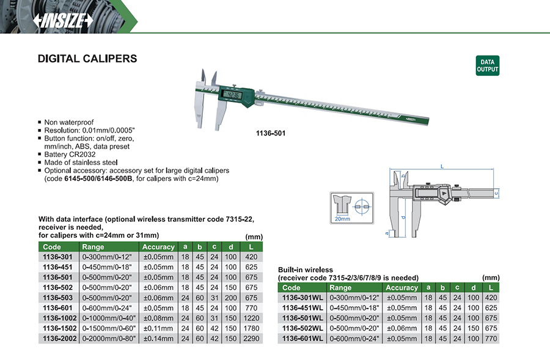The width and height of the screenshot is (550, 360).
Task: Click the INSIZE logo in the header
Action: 63,20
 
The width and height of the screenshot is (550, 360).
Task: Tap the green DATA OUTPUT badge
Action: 487,65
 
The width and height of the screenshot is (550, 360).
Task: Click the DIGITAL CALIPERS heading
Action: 87,58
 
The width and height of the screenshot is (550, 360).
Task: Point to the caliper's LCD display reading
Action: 232,95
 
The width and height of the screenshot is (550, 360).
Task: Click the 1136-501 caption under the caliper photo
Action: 271,133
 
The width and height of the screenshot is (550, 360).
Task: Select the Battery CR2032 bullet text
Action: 70,155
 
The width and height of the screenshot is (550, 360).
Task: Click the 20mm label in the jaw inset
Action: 342,219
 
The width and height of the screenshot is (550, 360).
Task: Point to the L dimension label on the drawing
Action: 442,166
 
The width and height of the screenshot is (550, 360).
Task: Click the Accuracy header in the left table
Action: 158,247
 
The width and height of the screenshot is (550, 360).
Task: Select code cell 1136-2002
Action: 59,339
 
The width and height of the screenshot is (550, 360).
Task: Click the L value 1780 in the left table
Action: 251,328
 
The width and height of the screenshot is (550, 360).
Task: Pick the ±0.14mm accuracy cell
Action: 158,339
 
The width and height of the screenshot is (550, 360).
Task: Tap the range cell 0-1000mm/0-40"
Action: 109,318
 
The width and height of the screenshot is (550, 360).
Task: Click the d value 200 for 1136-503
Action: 230,298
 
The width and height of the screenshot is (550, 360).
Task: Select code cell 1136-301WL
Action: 302,298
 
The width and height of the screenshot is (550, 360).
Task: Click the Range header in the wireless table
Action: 340,288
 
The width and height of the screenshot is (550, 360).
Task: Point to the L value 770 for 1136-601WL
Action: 491,339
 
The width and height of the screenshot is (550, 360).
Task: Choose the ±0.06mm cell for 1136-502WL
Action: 402,328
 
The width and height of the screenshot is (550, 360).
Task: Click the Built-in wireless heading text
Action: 305,270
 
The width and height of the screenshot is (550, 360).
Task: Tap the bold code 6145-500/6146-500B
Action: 98,178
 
